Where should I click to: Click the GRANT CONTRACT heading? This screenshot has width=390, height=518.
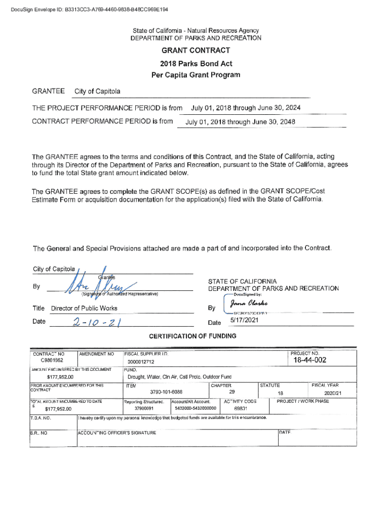point(196,51)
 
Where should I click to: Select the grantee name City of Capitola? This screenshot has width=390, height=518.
point(97,92)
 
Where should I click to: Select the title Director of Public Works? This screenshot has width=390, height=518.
point(84,308)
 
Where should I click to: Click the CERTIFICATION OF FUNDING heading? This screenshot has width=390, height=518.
point(192,336)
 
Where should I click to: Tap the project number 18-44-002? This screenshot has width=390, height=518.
point(309,360)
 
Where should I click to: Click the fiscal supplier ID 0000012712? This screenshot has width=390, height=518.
point(141,362)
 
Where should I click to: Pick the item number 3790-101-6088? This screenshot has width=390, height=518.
point(166,392)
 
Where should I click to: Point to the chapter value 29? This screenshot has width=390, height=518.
point(231,392)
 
